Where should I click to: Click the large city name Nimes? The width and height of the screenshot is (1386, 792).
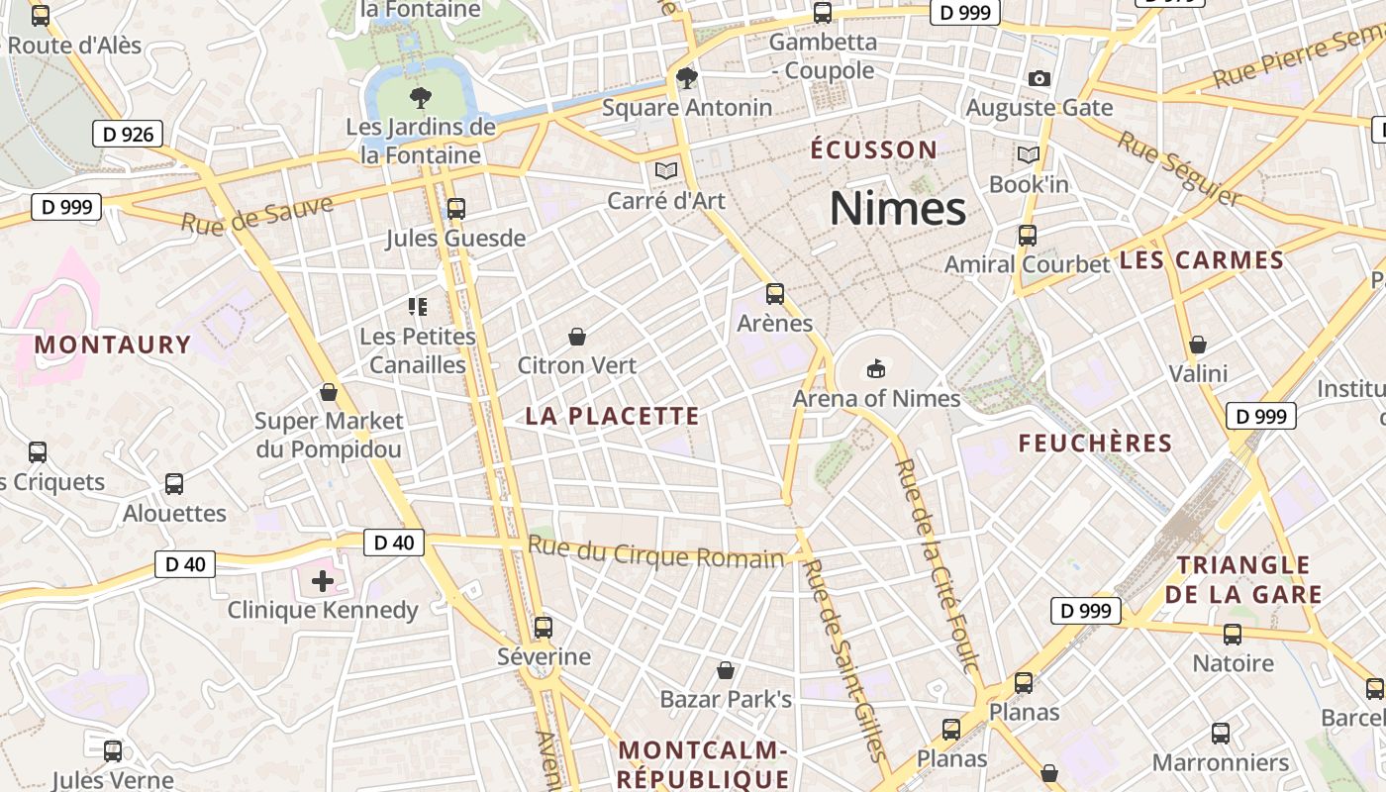(897, 209)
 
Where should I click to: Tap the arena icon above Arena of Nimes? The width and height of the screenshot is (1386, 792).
(875, 368)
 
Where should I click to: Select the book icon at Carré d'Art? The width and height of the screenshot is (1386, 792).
(666, 171)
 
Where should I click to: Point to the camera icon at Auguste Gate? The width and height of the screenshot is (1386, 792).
(1039, 78)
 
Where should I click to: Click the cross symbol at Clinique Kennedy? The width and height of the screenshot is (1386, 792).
(323, 580)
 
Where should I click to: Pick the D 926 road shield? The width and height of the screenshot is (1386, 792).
(128, 134)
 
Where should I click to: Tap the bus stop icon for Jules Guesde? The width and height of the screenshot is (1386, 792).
(455, 208)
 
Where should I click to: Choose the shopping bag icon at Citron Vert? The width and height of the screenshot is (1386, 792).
(577, 337)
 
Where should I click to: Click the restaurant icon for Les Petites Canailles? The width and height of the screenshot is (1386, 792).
(418, 307)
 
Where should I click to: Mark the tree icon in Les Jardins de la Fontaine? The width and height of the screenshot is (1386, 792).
(421, 97)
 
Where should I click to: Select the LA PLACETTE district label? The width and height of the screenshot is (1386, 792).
(612, 417)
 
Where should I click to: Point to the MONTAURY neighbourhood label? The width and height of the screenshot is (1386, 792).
(112, 345)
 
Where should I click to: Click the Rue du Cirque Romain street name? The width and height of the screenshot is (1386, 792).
(655, 552)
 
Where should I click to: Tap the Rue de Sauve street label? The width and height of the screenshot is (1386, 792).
(256, 213)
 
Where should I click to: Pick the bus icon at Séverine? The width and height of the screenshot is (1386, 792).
(543, 627)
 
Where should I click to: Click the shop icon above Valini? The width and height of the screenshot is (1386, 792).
(1198, 345)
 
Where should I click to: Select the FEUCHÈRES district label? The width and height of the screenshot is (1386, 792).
(1095, 444)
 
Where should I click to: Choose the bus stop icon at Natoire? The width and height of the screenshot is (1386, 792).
(1233, 634)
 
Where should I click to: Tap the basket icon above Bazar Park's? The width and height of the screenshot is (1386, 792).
(726, 670)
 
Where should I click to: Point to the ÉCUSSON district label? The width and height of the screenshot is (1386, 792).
(873, 150)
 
